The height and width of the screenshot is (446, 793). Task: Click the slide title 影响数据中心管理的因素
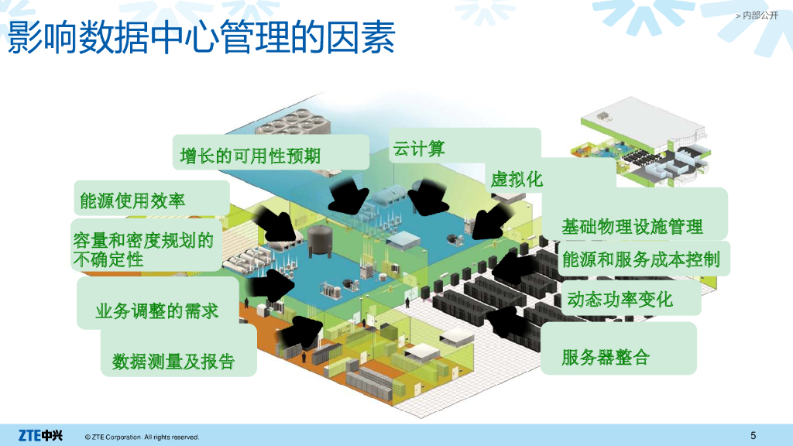201,37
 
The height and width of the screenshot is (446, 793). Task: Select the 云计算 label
419,149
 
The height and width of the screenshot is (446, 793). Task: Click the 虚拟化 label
517,180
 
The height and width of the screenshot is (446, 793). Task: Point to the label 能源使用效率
132,201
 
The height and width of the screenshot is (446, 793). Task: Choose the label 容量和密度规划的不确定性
142,249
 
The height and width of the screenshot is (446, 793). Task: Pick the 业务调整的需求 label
157,311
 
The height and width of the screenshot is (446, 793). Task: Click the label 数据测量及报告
173,361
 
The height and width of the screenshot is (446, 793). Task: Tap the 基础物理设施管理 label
632,227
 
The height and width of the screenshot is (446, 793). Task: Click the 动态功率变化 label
620,298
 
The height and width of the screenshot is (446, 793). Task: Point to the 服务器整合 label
606,357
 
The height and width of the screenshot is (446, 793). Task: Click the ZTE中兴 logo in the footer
40,434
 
